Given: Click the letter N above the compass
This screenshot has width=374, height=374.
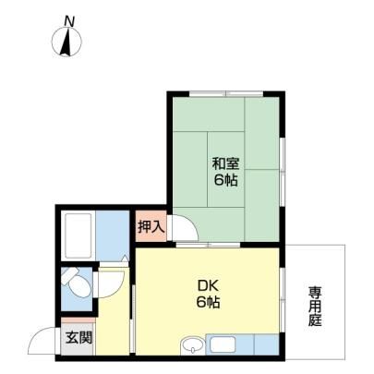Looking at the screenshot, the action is (69, 21).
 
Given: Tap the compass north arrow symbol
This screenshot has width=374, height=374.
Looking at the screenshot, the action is (66, 42).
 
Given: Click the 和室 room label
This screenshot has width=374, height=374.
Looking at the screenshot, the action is (226, 163).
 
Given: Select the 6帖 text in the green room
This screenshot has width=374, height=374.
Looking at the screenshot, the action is (226, 180).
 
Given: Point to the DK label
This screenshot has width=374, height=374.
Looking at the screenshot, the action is (208, 287).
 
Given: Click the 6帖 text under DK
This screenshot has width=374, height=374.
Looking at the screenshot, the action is (208, 303).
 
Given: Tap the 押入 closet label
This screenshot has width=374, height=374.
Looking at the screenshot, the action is (151, 227).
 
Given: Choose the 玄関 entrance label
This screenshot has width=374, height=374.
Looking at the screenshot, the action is (78, 338).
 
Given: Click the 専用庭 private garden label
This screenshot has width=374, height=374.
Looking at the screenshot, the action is (316, 307).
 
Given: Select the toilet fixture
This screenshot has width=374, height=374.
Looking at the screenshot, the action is (77, 282).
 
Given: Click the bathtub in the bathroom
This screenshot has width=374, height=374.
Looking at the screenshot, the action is (78, 235).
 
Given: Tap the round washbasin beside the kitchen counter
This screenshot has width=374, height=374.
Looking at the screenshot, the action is (193, 344).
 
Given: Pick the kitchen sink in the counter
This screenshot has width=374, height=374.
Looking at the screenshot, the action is (223, 344).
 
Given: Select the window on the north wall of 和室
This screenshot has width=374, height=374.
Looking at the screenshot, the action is (226, 93).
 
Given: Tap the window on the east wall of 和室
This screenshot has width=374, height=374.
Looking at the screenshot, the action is (282, 171).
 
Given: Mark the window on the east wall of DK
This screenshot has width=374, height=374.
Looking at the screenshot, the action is (282, 300).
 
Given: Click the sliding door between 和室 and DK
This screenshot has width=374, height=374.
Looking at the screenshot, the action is (208, 245).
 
